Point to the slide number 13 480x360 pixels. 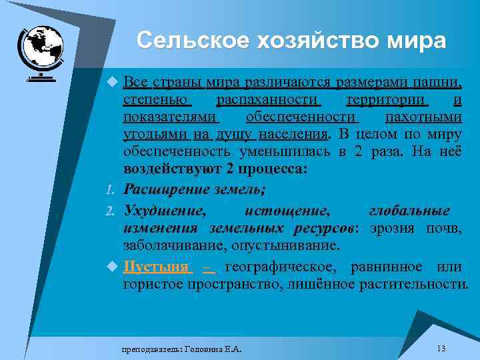tap(441, 349)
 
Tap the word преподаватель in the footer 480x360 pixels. tap(148, 349)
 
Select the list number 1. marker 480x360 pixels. tap(112, 191)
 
